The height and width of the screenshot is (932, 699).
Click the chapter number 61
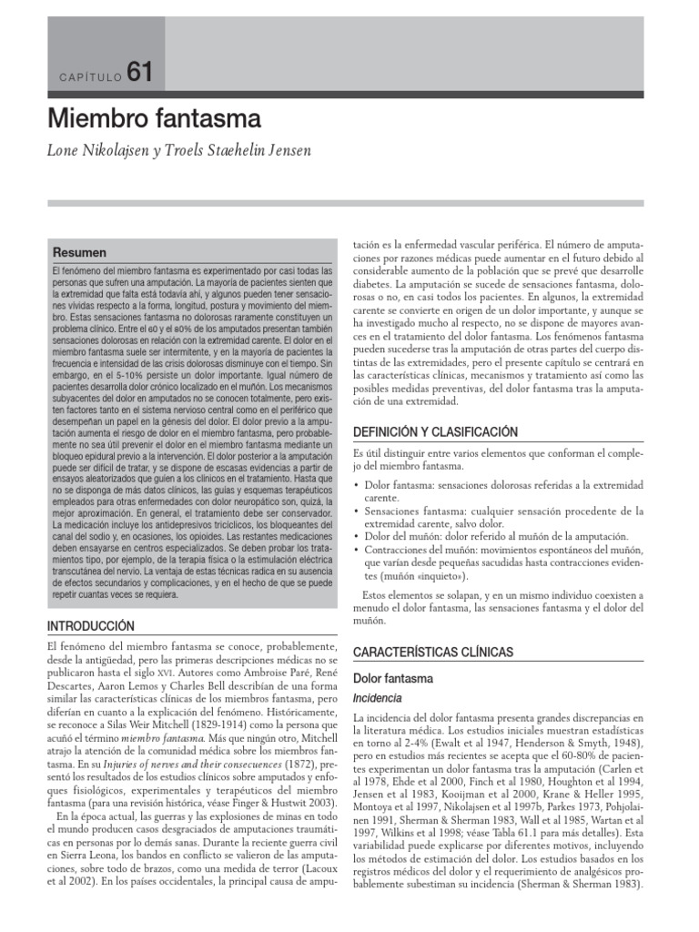(141, 72)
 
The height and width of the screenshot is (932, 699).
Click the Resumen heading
(79, 252)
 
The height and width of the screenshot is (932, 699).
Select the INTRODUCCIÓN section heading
(90, 626)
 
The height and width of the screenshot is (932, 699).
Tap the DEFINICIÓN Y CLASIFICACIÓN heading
(435, 431)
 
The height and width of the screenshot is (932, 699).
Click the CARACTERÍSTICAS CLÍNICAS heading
(432, 653)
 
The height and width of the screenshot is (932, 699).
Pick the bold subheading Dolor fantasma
(393, 678)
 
